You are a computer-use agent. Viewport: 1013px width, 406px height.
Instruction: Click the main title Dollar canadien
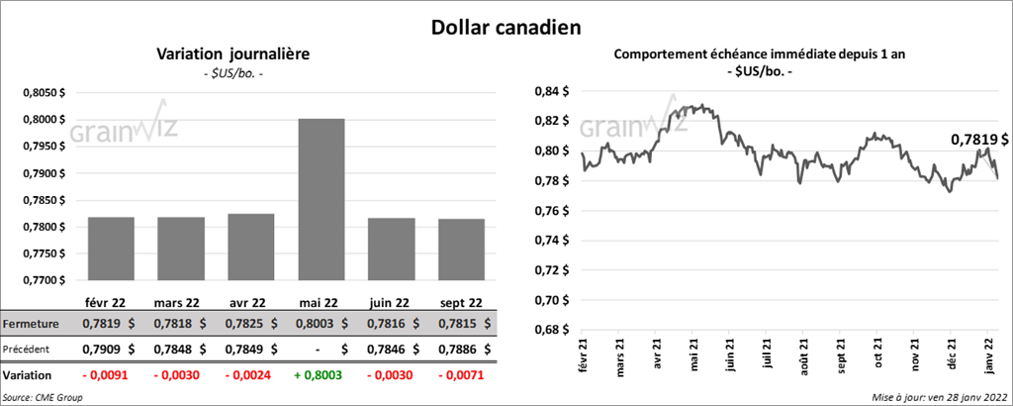[x=505, y=27]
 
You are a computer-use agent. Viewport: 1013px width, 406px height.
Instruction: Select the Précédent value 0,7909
[x=102, y=350]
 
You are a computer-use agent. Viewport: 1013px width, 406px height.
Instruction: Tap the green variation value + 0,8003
[x=316, y=376]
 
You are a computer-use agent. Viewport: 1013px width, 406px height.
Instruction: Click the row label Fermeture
[x=31, y=324]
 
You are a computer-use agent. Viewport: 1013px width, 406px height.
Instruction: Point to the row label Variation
[x=28, y=376]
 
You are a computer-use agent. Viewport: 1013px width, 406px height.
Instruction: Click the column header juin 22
[x=390, y=303]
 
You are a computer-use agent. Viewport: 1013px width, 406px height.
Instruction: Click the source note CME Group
[x=43, y=396]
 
